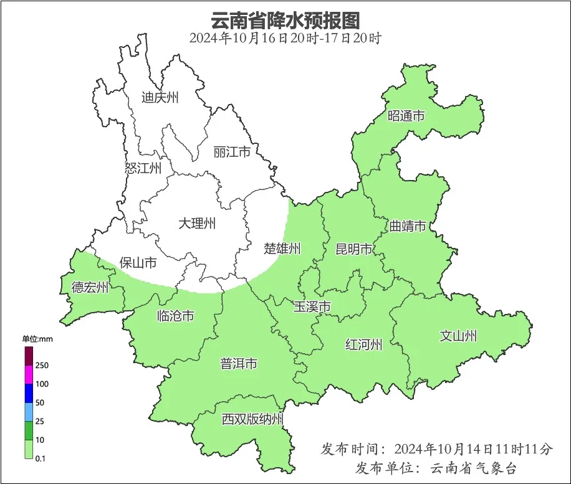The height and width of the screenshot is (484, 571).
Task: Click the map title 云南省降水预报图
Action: pos(285,20)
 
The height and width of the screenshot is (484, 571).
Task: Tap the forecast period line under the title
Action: pos(285,38)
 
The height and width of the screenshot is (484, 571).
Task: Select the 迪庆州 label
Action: pos(160,97)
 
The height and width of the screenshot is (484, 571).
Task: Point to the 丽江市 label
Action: pos(231,152)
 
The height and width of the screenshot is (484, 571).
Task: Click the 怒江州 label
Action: pos(143,168)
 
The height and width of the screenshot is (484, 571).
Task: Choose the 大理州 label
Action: pos(196,223)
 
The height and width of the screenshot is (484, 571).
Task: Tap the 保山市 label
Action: pos(138,263)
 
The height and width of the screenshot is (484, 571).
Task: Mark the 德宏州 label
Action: pos(90,287)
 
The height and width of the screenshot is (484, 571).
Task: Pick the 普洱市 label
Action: pos(238,364)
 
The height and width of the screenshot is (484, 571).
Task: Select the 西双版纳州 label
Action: pos(252,419)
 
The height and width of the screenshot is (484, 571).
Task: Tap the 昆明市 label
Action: pos(353,249)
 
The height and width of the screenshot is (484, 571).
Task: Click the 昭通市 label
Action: pos(406,116)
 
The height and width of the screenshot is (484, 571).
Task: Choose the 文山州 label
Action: pos(458,336)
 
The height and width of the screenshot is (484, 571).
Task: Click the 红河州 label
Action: pos(364,344)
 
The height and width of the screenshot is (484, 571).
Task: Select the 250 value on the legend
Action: pos(42,365)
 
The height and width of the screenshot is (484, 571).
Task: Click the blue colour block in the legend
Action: pos(29,393)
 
